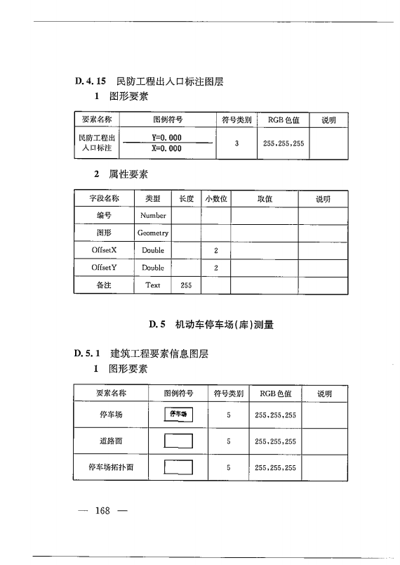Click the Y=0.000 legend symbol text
(x=166, y=138)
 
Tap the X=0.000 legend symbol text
(x=166, y=149)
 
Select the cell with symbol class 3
(x=237, y=143)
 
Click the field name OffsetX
(x=104, y=250)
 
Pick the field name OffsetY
(x=104, y=268)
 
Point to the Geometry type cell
(x=153, y=233)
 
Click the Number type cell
(x=153, y=215)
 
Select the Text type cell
(x=153, y=285)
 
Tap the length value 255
(x=186, y=285)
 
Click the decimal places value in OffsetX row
(x=216, y=250)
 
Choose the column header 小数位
(x=216, y=199)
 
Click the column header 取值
(x=265, y=199)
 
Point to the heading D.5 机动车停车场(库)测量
(x=211, y=325)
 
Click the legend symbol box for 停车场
(x=178, y=415)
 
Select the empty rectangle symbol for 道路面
(x=178, y=442)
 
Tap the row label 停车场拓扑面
(x=110, y=467)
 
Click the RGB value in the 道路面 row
(x=275, y=442)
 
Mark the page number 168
(x=103, y=510)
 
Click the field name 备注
(x=104, y=285)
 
